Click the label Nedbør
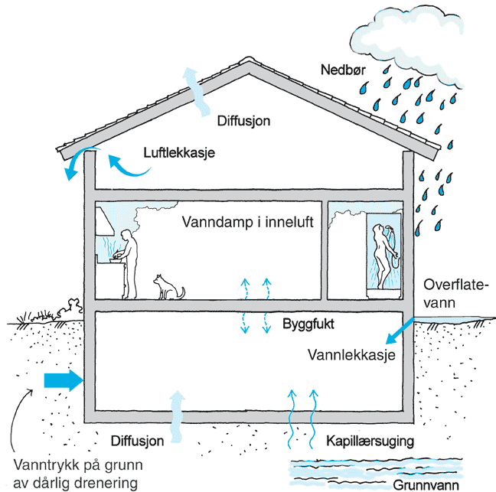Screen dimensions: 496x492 tap(343, 70)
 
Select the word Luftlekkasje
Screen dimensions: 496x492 tap(179, 153)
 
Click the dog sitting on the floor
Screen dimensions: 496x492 tap(168, 287)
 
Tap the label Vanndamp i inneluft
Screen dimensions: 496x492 tap(247, 223)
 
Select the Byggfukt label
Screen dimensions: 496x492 tap(308, 324)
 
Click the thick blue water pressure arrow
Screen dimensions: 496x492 tap(64, 380)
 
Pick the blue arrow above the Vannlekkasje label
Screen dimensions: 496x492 tap(400, 331)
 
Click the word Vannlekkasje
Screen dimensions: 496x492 tap(351, 355)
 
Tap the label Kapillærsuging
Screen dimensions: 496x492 tap(370, 441)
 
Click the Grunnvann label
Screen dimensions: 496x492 tap(426, 484)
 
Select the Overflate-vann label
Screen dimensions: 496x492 tap(454, 294)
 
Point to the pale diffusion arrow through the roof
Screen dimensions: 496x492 tap(195, 92)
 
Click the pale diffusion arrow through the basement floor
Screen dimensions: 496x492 tap(177, 416)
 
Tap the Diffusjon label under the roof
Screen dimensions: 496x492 tap(243, 121)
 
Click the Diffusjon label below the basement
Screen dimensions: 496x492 tap(137, 441)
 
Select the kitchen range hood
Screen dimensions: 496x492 tap(104, 221)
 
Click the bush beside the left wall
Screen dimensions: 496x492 tap(70, 308)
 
